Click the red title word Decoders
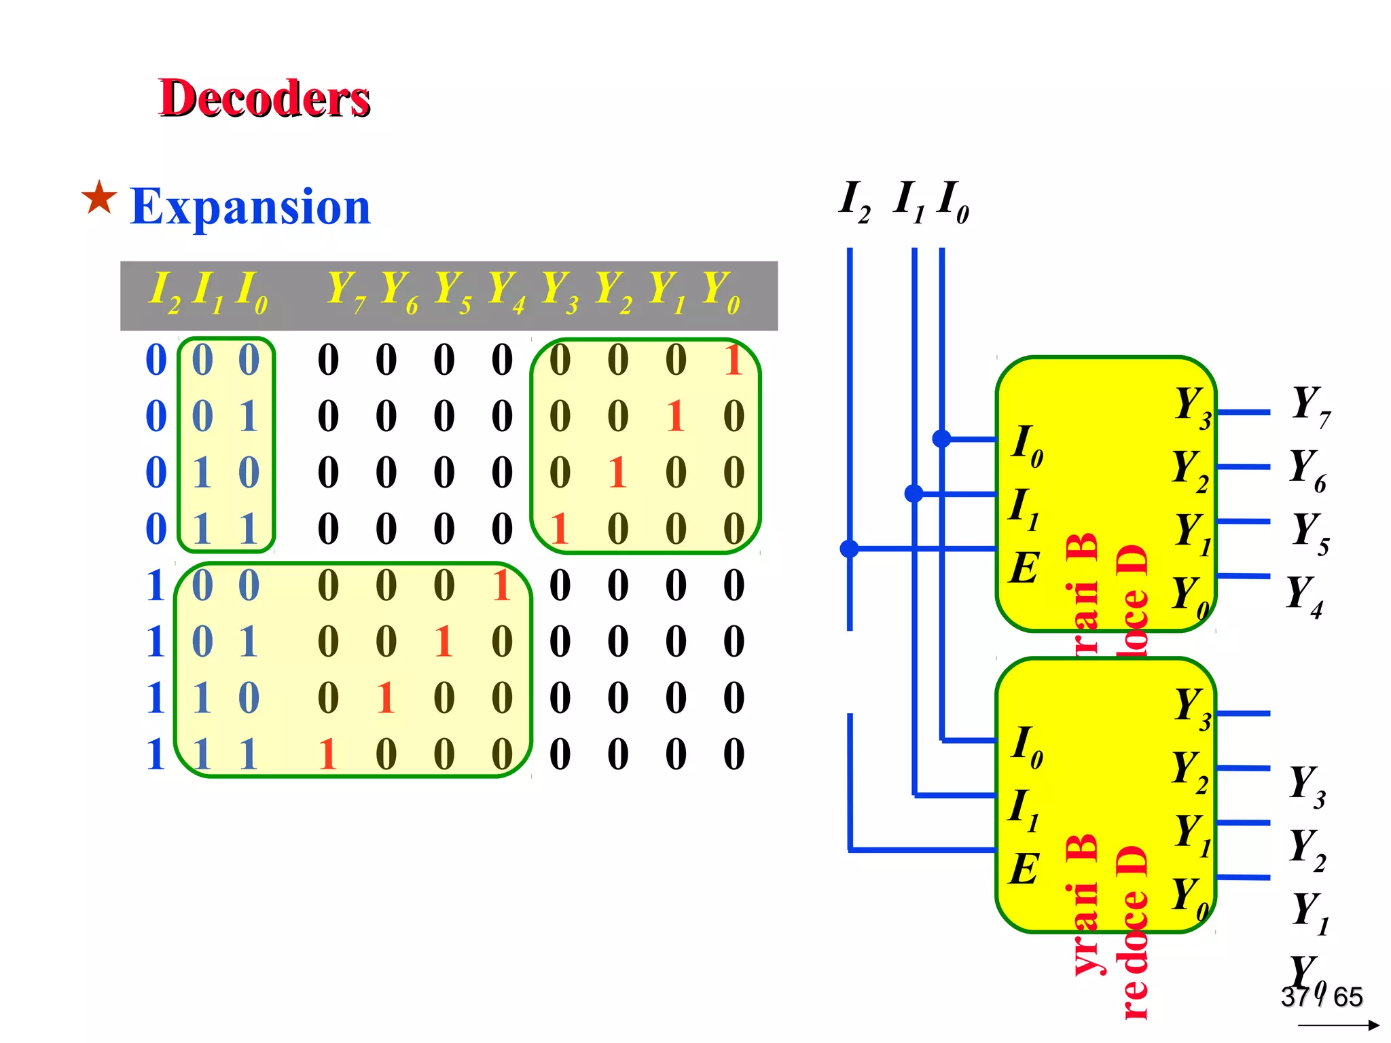pos(264,98)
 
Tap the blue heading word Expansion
pos(250,206)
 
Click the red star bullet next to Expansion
pos(99,198)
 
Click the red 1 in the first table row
pos(733,360)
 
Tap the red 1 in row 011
pos(559,529)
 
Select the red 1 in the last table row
pos(327,754)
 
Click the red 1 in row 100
pos(501,585)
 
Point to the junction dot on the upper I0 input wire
pos(941,439)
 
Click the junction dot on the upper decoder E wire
pos(849,548)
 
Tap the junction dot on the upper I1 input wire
pos(914,494)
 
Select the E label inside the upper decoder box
pos(1024,568)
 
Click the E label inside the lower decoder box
pos(1024,869)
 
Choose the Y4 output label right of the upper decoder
pos(1305,596)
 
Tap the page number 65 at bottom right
pos(1348,997)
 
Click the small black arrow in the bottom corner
pos(1338,1025)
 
